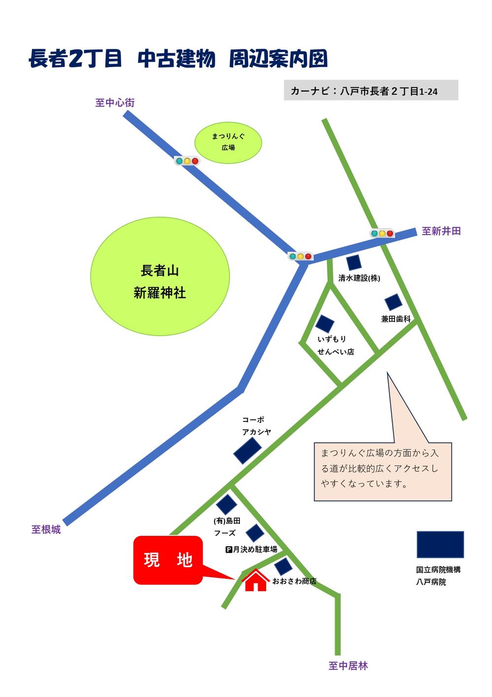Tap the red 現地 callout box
pyautogui.click(x=168, y=560)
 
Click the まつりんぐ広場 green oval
pyautogui.click(x=228, y=141)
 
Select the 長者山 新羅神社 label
pyautogui.click(x=160, y=281)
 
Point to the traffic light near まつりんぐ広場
pyautogui.click(x=187, y=161)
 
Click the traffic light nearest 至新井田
pyautogui.click(x=382, y=233)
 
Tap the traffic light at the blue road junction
pyautogui.click(x=300, y=256)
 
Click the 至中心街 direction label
pyautogui.click(x=115, y=103)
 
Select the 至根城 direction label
pyautogui.click(x=46, y=529)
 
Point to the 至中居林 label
pyautogui.click(x=348, y=666)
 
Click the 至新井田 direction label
pyautogui.click(x=441, y=231)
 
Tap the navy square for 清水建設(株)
pyautogui.click(x=354, y=263)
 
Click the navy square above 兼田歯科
pyautogui.click(x=393, y=302)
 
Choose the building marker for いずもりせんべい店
pyautogui.click(x=325, y=324)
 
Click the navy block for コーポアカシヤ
pyautogui.click(x=247, y=451)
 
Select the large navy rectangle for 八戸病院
pyautogui.click(x=440, y=544)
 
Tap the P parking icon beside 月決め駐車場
pyautogui.click(x=229, y=550)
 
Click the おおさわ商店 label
pyautogui.click(x=294, y=582)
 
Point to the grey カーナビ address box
pyautogui.click(x=370, y=91)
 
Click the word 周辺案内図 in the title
pyautogui.click(x=278, y=59)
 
